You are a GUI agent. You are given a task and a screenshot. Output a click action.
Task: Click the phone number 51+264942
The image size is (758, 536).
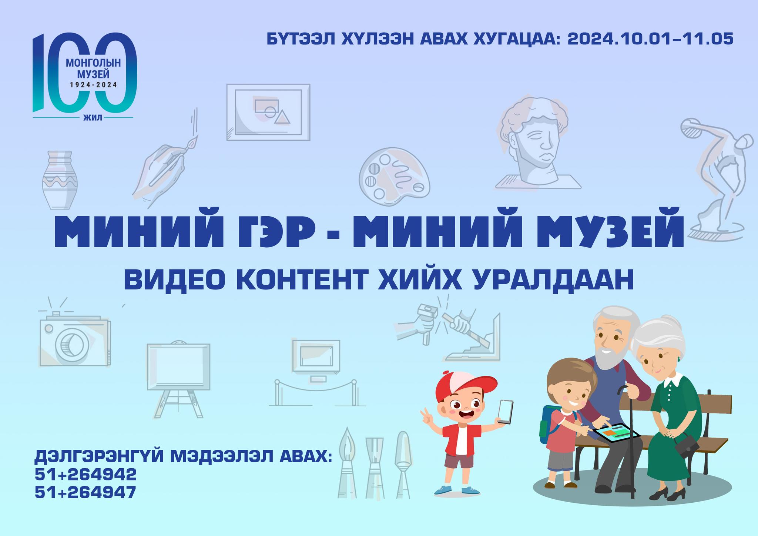(85, 474)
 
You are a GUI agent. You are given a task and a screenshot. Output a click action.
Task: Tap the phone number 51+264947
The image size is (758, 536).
(85, 492)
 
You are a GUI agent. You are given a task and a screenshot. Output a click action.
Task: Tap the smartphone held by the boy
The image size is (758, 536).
(505, 411)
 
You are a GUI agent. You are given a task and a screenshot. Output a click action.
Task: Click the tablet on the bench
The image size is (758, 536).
(617, 433)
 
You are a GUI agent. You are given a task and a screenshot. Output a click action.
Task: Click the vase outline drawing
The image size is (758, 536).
(60, 180)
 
